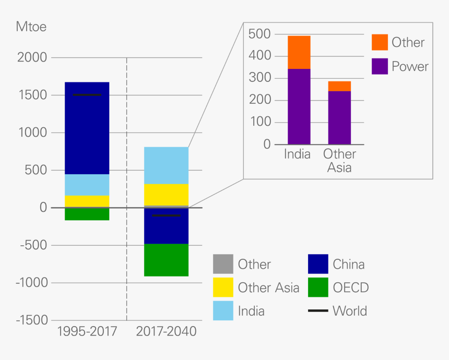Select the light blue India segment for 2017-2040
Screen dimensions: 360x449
pos(166,165)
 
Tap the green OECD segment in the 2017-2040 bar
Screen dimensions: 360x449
pos(166,260)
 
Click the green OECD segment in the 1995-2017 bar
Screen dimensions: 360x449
pos(87,214)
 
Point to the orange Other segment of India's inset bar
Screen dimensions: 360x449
pos(299,52)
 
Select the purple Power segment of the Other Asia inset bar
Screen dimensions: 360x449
pos(339,117)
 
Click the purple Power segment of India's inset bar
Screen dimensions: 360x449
pos(299,106)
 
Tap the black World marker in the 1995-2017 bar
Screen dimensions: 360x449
pos(87,95)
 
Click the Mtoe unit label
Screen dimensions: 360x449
pos(31,27)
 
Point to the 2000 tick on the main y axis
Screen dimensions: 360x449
pos(32,57)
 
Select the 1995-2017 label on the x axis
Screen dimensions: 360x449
pos(87,332)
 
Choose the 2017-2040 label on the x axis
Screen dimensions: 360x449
pos(166,332)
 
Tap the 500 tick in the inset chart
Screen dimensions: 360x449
pos(259,34)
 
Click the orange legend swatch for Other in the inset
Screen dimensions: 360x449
pos(380,42)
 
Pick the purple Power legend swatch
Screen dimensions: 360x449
pos(380,66)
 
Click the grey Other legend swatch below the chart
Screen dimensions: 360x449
pos(223,264)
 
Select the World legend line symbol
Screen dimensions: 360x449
pos(317,311)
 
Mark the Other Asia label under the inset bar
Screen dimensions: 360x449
pos(339,161)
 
